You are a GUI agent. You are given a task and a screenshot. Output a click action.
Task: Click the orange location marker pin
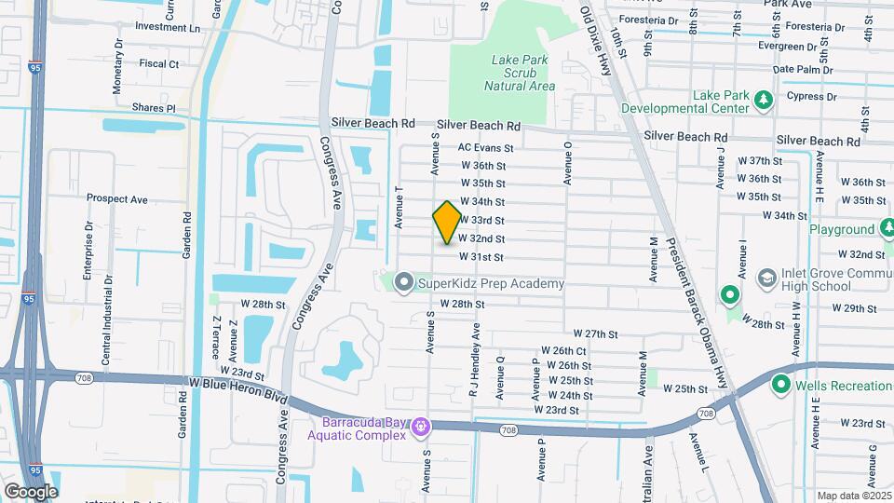tap(447, 223)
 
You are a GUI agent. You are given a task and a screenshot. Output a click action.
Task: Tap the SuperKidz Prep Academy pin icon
tap(403, 280)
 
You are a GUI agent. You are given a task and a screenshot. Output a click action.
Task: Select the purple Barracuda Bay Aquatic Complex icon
tap(421, 427)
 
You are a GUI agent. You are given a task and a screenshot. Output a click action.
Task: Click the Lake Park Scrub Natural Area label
tap(520, 73)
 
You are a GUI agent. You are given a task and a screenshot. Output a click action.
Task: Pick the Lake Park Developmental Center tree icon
tap(764, 98)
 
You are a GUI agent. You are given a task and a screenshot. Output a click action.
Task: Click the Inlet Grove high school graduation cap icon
tap(766, 277)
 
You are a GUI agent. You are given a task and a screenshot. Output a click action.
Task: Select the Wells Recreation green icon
tap(780, 385)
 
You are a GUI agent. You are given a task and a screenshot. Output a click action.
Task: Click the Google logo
tap(31, 491)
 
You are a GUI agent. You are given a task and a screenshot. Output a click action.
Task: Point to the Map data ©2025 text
tap(854, 496)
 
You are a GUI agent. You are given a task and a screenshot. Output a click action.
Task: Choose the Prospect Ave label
tap(117, 198)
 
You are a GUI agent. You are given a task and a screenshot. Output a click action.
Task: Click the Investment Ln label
tap(168, 27)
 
